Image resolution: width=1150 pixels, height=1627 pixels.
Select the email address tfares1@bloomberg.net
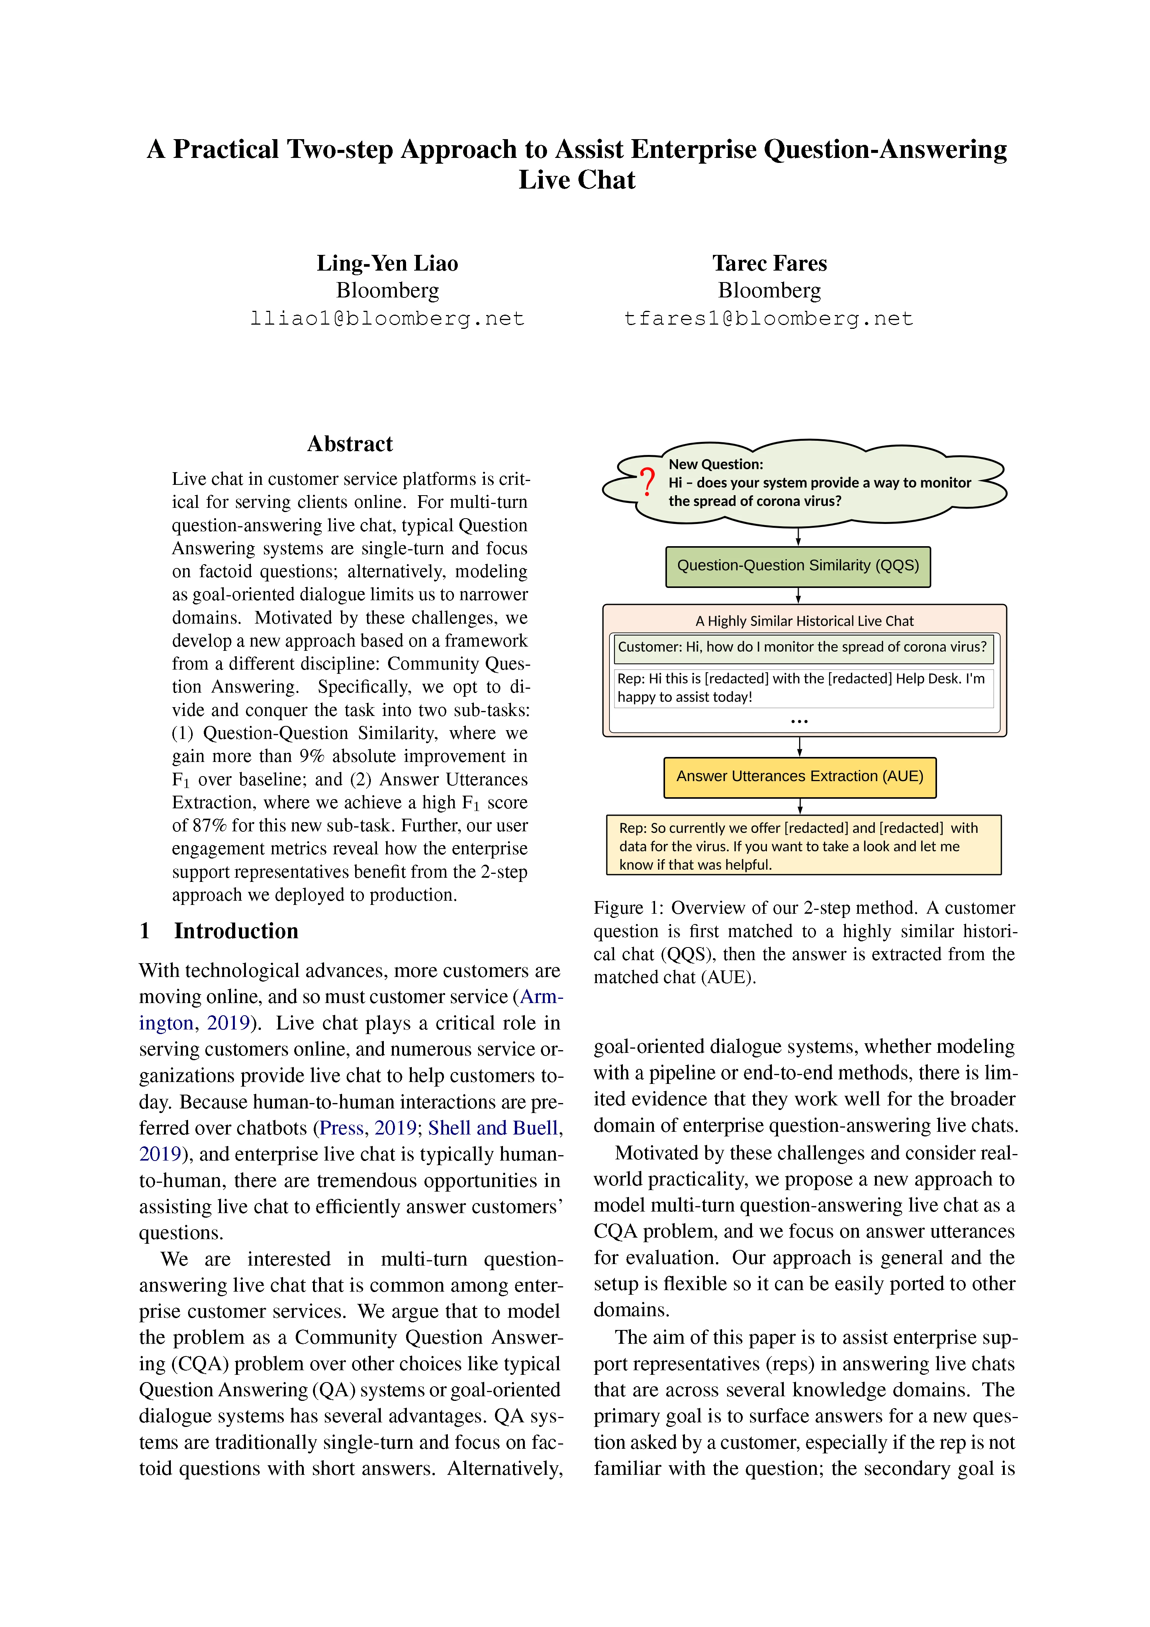click(x=768, y=319)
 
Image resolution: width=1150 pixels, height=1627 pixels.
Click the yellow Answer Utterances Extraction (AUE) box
click(x=799, y=777)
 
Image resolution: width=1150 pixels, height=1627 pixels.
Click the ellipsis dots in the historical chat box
click(x=799, y=721)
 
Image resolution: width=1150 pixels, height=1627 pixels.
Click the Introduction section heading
click(x=236, y=931)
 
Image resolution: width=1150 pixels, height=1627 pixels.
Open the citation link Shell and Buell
click(x=493, y=1128)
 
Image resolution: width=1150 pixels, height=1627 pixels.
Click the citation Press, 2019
click(x=367, y=1128)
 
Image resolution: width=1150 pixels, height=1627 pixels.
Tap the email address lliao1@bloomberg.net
click(x=387, y=319)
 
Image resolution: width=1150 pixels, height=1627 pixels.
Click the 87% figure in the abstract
click(x=210, y=826)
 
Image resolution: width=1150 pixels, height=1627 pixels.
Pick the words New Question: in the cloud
click(x=715, y=464)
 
